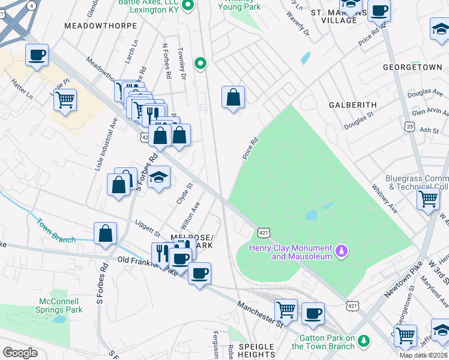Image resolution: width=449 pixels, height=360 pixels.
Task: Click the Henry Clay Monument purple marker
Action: coord(342,249)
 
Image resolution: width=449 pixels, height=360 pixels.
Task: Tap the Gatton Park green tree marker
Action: coord(363,342)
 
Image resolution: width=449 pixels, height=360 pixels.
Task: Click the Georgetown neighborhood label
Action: coord(412,67)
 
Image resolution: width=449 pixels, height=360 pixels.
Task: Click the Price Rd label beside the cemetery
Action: coord(250,148)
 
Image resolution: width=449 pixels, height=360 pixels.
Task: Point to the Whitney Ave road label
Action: coord(384,199)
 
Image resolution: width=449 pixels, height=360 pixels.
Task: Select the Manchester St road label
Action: coord(260,314)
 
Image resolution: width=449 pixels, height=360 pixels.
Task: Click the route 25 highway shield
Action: coord(409,127)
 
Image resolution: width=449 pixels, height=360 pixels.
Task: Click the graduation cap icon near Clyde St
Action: coord(158,177)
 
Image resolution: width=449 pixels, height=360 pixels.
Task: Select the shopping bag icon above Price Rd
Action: coord(233,97)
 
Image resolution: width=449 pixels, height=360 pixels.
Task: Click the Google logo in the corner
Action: coord(20,353)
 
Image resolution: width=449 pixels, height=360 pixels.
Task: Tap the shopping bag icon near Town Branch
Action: coord(105,233)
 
